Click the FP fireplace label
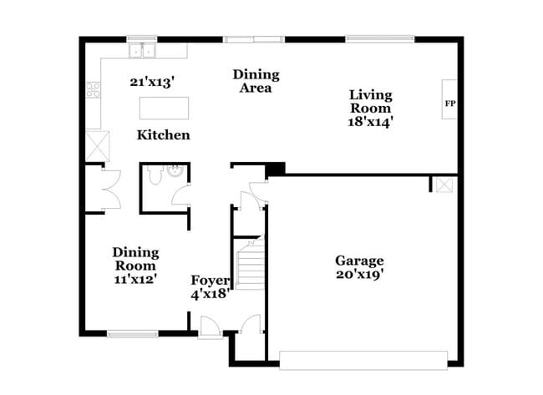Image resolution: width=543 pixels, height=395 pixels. (x=449, y=104)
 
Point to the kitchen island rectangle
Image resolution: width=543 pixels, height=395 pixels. (x=164, y=108)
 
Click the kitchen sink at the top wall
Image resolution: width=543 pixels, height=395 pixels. (x=142, y=51)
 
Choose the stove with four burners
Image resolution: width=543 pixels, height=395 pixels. (x=94, y=89)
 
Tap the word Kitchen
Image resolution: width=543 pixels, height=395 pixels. (x=163, y=134)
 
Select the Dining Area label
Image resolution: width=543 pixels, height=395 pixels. (x=256, y=81)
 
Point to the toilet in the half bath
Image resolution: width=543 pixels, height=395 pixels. (x=155, y=177)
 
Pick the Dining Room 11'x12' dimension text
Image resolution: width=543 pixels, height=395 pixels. (x=135, y=266)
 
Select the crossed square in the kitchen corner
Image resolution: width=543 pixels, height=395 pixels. (x=95, y=148)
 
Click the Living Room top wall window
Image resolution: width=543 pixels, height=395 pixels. (x=380, y=38)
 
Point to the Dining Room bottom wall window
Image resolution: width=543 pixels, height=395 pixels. (x=132, y=334)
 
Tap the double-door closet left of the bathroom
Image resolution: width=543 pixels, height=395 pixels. (x=102, y=189)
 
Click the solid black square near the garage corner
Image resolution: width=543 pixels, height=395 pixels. (x=275, y=168)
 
